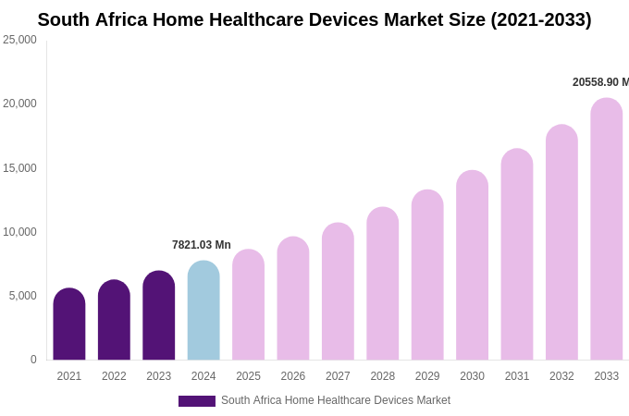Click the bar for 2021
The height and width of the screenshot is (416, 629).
coord(69,324)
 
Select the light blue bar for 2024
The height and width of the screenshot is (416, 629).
coord(203,311)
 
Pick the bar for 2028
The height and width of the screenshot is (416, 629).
coord(383,284)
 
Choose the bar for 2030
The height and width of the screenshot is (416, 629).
coord(472,265)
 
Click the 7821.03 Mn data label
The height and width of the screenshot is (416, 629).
coord(202,245)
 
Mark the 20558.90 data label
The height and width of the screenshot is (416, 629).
coord(599,82)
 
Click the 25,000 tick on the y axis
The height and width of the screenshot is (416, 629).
coord(19,40)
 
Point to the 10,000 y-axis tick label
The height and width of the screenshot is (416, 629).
coord(19,232)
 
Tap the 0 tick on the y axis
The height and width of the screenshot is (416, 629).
coord(33,360)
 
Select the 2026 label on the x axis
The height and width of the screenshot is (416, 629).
coord(293,376)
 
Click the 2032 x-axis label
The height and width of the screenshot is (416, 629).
coord(561,376)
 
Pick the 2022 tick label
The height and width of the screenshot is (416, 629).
coord(114,376)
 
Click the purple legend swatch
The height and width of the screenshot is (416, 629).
coord(196,401)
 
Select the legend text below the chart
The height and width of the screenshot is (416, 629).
coord(336,400)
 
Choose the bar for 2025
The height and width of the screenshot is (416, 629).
coord(248,305)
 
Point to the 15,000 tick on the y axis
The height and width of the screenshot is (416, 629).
coord(19,168)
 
